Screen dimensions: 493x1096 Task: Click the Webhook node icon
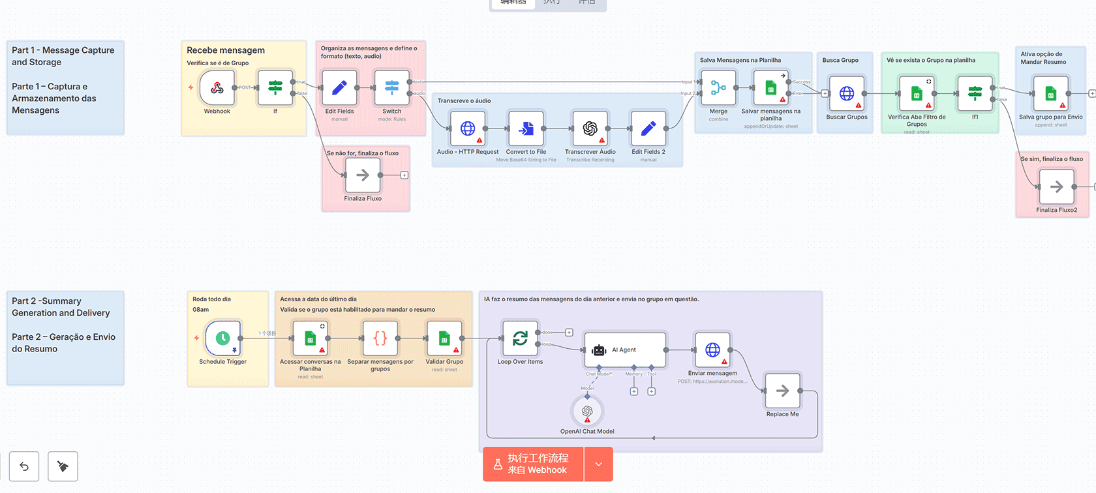point(217,88)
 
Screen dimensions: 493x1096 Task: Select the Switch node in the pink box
point(391,88)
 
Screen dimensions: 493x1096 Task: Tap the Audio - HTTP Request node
point(468,128)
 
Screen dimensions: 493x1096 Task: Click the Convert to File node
point(526,128)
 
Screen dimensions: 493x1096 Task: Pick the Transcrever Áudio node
point(590,128)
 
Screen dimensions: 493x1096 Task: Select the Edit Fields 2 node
point(648,128)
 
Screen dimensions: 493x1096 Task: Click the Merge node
point(718,88)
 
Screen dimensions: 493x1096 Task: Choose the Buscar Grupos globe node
point(847,94)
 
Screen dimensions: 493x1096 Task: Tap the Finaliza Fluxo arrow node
point(363,175)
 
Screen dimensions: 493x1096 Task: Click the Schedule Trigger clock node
point(222,338)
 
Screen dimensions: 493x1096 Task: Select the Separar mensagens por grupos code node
point(380,338)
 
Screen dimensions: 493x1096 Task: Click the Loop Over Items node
point(520,338)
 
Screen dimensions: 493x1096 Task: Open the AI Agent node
point(625,350)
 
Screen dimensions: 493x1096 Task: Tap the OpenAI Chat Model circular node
point(587,411)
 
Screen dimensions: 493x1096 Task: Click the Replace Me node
point(782,391)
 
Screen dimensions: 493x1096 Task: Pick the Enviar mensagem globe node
point(712,350)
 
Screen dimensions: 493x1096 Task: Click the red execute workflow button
point(533,464)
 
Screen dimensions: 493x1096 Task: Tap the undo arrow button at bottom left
point(24,466)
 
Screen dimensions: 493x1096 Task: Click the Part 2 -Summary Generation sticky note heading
point(61,307)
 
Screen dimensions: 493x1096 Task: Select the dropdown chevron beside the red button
point(598,464)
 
